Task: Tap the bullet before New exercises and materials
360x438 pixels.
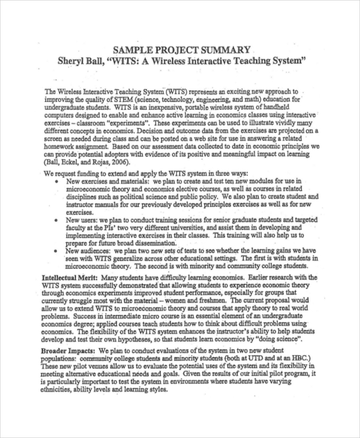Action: point(56,181)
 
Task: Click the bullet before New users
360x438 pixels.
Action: point(56,220)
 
